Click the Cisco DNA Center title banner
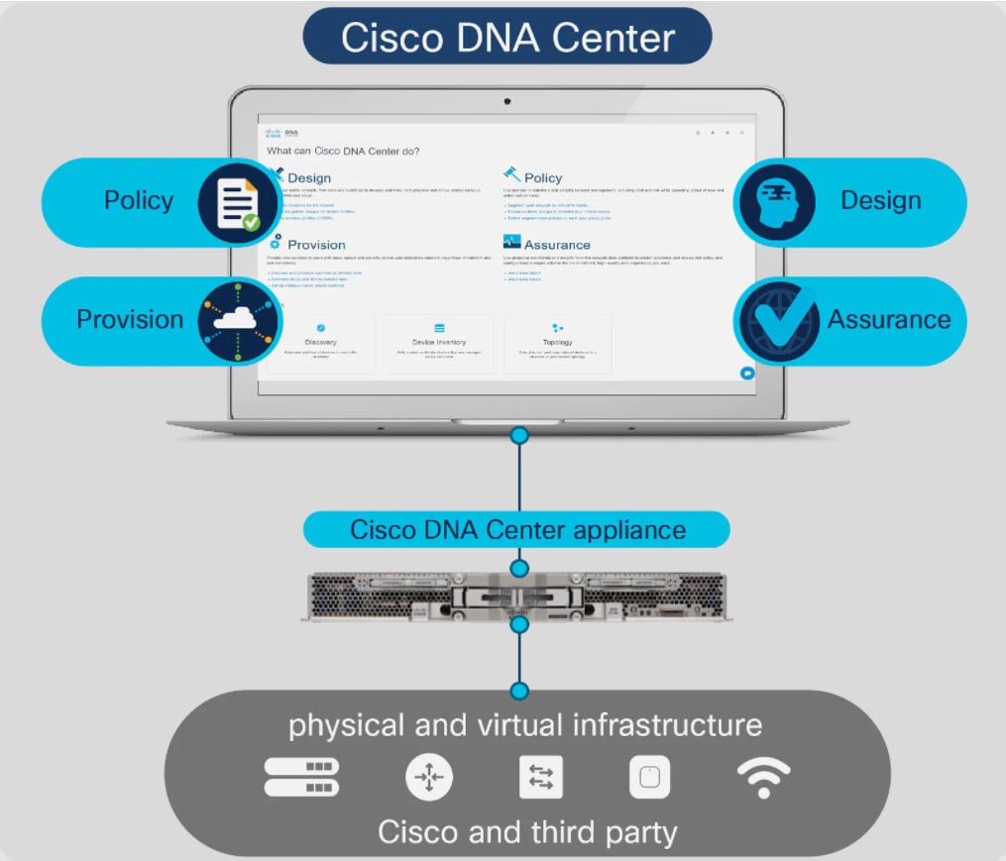[x=507, y=37]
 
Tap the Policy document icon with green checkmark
[x=236, y=202]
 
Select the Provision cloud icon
[x=234, y=320]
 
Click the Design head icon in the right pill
[x=775, y=202]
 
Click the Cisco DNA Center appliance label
[x=517, y=529]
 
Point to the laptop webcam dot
[x=507, y=101]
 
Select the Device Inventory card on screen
[x=438, y=344]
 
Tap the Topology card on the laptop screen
[x=557, y=344]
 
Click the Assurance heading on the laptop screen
[x=556, y=245]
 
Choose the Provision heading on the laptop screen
[x=316, y=245]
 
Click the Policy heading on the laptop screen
[x=543, y=177]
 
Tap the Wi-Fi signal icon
[x=763, y=778]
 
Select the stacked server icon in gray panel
[x=301, y=778]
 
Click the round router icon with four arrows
[x=429, y=778]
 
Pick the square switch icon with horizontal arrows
[x=541, y=778]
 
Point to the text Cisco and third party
[x=526, y=830]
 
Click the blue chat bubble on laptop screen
[x=747, y=374]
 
